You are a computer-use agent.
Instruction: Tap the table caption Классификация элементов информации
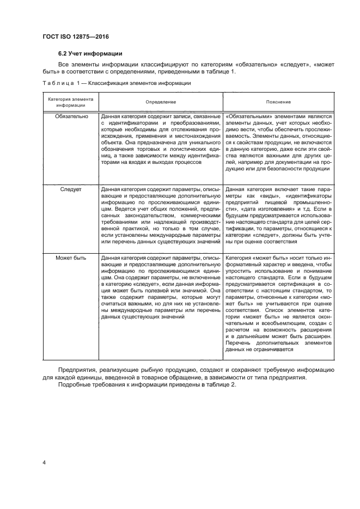139,83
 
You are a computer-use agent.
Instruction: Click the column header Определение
161,102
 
